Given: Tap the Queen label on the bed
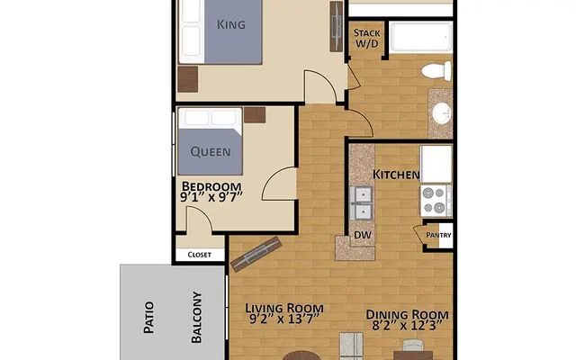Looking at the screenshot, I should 210,152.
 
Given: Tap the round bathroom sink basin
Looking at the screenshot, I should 442,113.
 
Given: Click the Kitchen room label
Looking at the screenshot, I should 396,173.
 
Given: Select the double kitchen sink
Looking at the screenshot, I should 363,203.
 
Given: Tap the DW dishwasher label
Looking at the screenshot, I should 362,236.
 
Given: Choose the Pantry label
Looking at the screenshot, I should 438,236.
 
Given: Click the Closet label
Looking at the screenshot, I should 199,255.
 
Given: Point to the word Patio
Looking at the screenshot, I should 148,317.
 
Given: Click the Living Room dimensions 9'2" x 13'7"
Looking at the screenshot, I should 285,318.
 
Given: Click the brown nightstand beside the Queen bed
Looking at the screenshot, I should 255,114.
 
